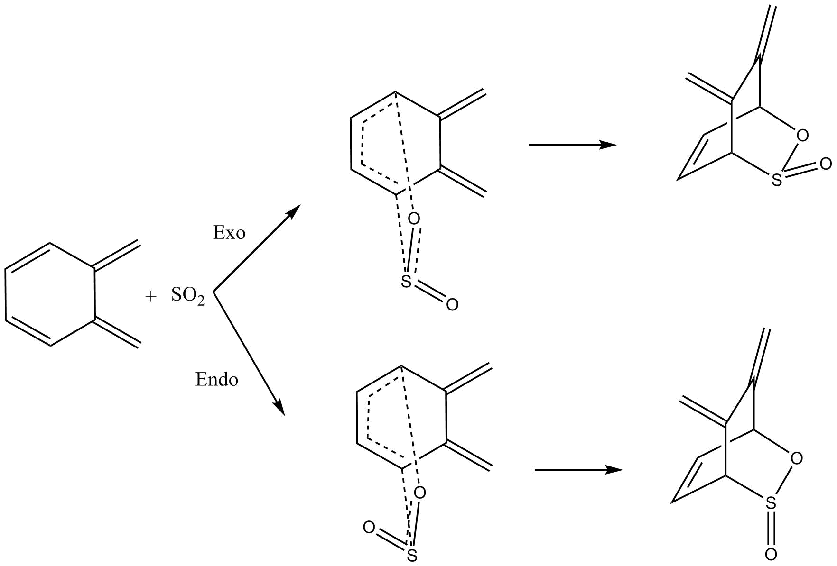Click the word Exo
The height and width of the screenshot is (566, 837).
coord(229,233)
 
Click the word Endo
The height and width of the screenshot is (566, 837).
coord(217,380)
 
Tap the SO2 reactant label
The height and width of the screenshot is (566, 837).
coord(188,296)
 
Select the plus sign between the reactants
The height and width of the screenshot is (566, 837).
coord(150,297)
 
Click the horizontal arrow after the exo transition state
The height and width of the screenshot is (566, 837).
coord(572,145)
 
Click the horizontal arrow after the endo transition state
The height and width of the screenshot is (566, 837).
coord(577,470)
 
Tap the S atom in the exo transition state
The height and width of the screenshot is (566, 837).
coord(406,282)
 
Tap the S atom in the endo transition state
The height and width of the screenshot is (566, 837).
coord(412,555)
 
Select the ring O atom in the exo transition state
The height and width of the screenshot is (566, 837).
coord(414,219)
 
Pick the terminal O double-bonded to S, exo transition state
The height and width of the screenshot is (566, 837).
coord(452,304)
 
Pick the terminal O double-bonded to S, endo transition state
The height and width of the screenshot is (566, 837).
coord(369,527)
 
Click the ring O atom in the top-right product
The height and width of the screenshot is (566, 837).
coord(802,136)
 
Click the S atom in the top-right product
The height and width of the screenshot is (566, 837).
coord(777,180)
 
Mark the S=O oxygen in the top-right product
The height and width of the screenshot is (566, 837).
coord(826,164)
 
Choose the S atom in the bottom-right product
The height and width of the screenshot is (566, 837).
coord(771,504)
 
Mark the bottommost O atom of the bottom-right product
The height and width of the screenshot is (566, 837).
coord(771,554)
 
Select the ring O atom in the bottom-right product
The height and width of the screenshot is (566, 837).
coord(797,458)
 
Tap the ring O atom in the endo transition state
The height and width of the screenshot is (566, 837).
coord(419,493)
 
